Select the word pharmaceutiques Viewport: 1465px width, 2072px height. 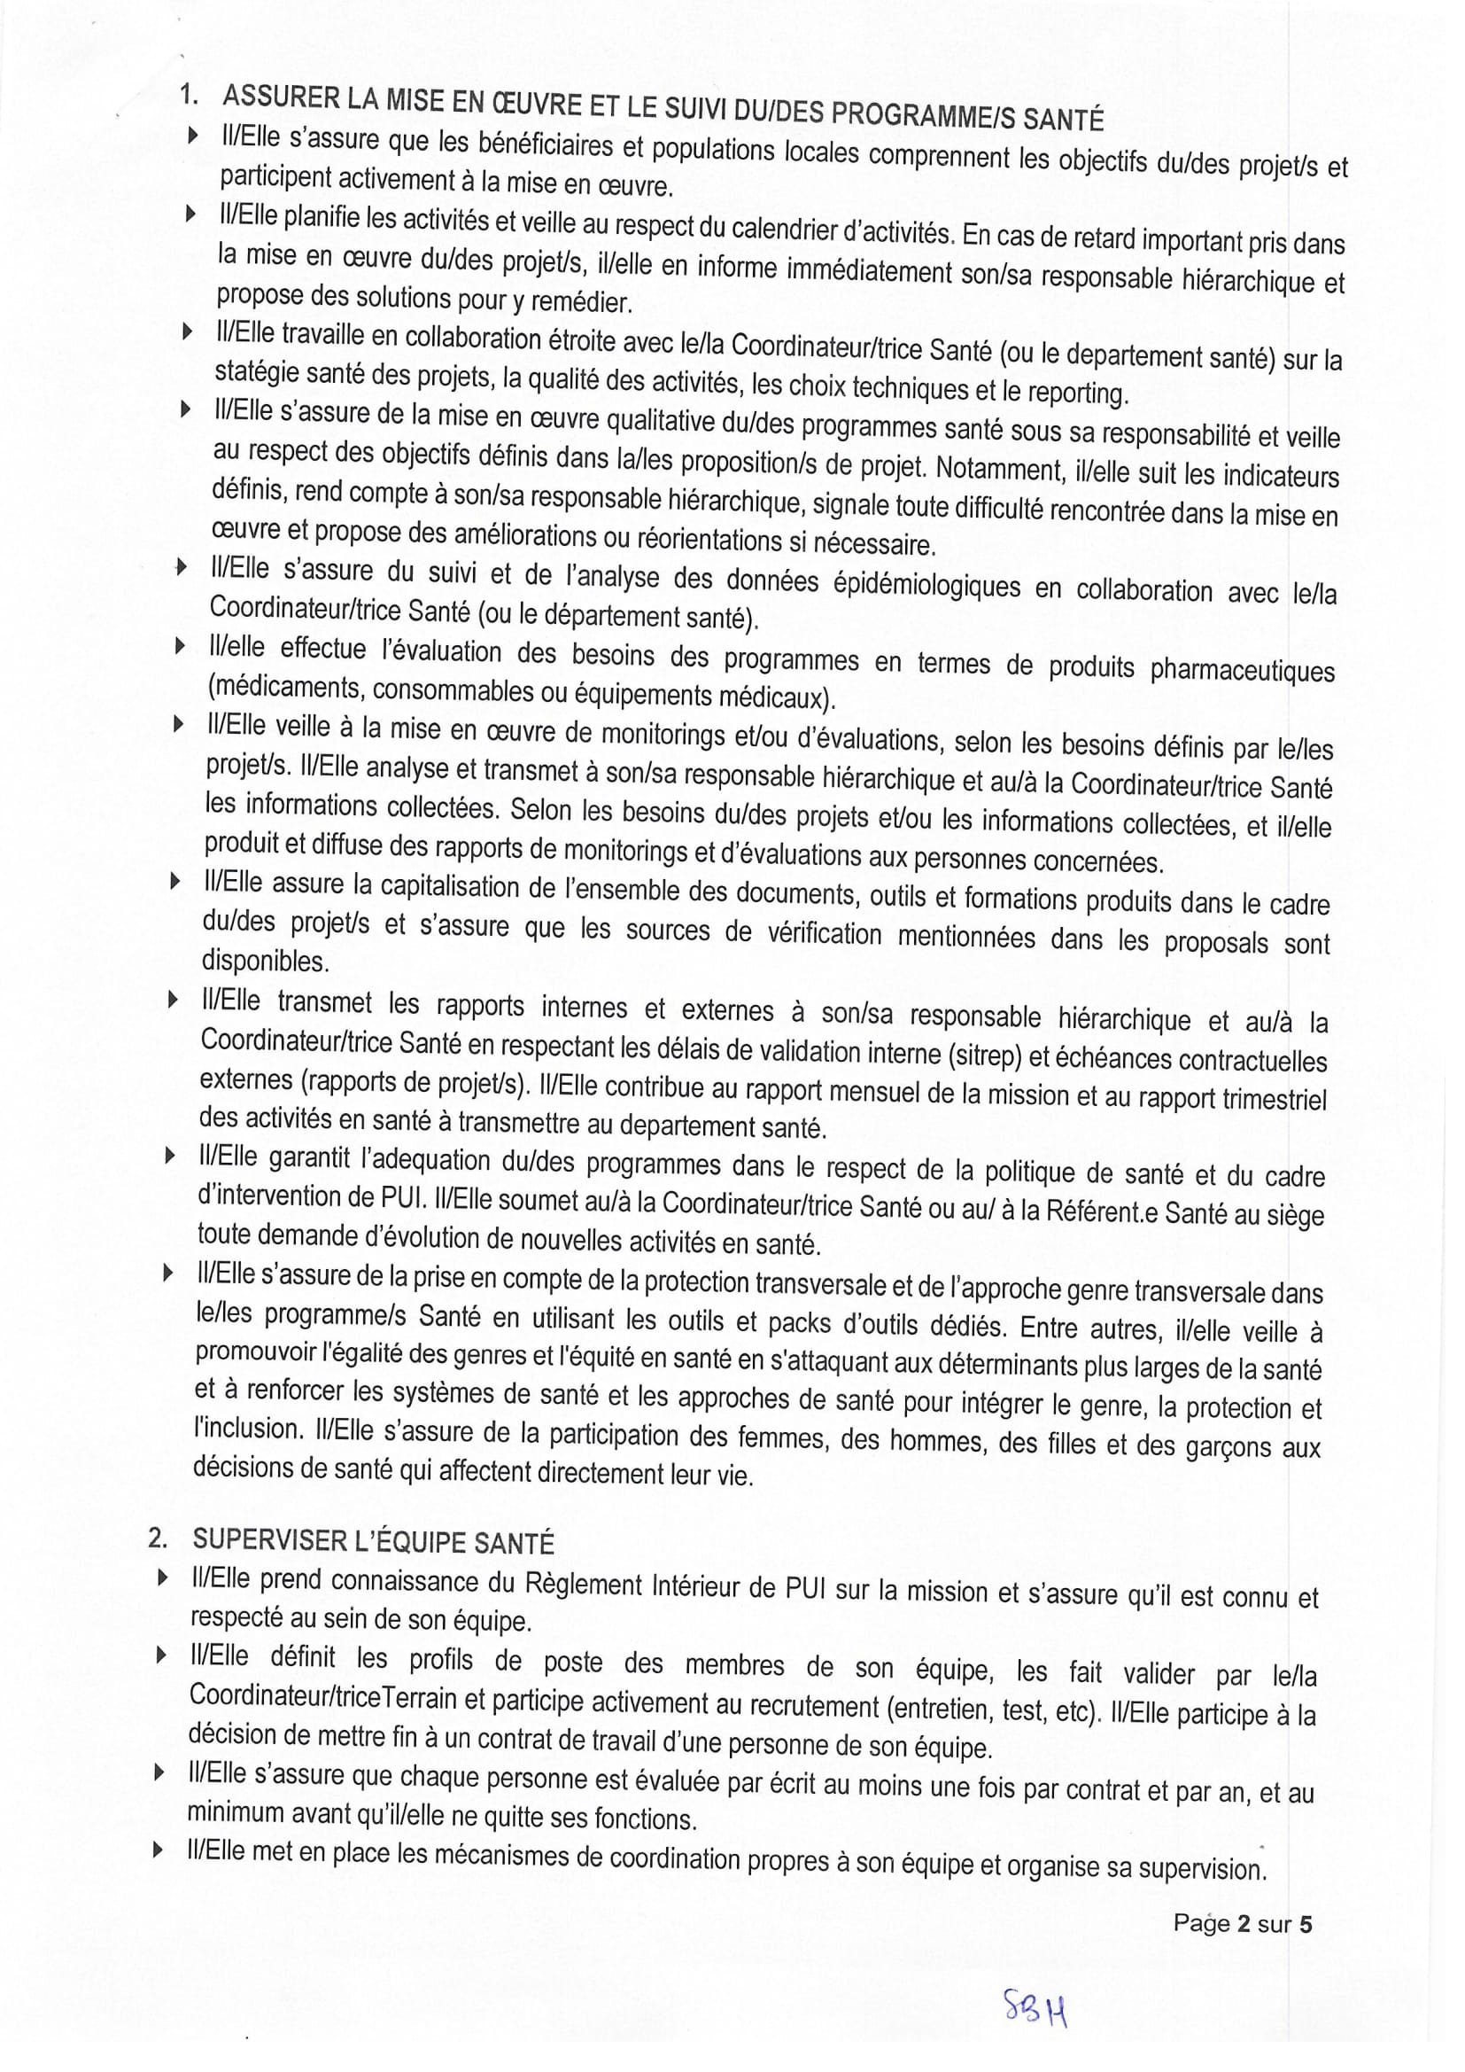(x=1241, y=669)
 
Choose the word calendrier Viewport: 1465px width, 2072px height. (x=783, y=230)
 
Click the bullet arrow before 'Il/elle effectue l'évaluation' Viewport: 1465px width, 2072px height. (x=181, y=646)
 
